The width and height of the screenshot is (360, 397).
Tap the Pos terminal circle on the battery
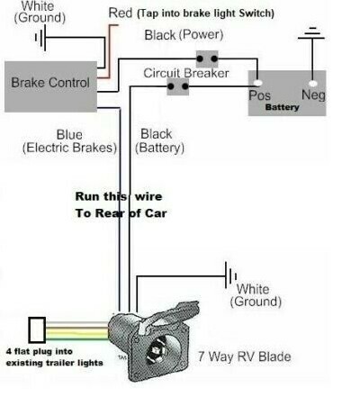pos(256,79)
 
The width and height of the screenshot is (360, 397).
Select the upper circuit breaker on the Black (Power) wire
pos(208,59)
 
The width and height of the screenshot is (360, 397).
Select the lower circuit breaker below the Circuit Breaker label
pos(176,87)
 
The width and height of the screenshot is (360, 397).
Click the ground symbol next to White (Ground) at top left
pos(39,39)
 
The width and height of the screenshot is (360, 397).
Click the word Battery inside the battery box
pos(281,105)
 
